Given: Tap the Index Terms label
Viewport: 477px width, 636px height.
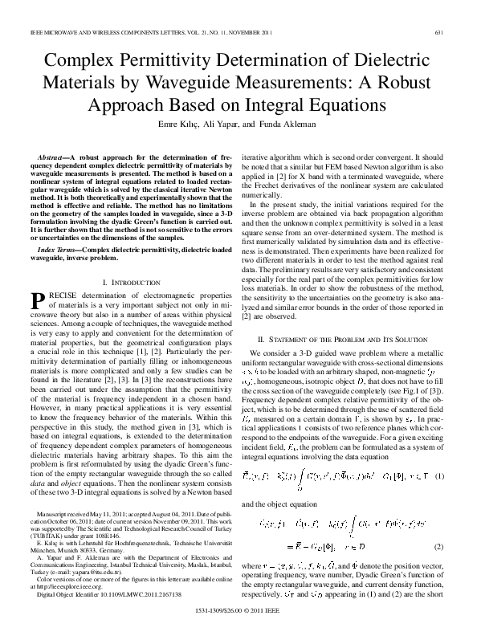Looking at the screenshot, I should point(56,251).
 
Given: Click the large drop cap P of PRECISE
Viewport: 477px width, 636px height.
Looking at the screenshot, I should point(36,300).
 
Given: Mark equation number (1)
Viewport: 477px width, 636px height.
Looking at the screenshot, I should point(439,477).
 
